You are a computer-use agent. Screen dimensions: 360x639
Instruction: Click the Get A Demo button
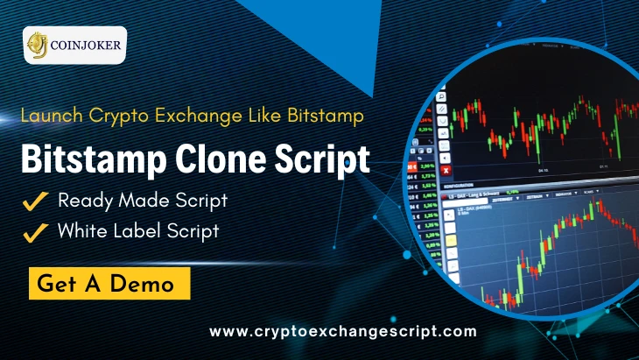click(111, 284)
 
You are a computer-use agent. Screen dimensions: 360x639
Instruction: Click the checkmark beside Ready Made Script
click(35, 201)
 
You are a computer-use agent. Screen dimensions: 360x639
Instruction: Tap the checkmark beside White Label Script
click(35, 233)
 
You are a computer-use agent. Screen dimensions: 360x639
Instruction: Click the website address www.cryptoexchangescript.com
click(344, 331)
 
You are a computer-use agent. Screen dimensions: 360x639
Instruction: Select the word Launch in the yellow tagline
click(48, 114)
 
